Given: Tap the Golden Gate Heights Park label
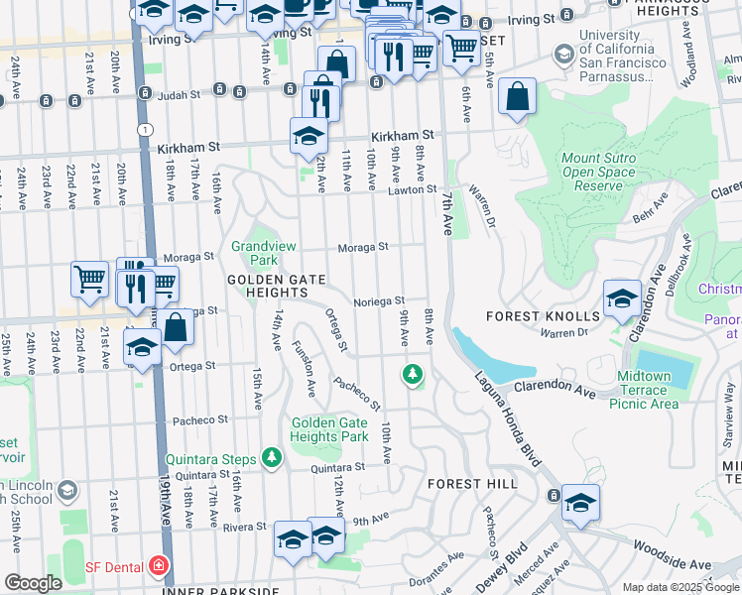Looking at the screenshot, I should coord(329,429).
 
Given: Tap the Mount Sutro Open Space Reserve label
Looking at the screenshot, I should coord(605,172).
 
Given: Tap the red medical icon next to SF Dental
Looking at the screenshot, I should coord(158,566).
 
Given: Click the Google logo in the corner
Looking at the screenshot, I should coord(33,583).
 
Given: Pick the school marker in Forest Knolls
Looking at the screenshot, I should coord(622,298).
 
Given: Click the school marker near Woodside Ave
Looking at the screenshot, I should coord(580,503).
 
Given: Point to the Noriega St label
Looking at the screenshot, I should coord(379,300).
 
